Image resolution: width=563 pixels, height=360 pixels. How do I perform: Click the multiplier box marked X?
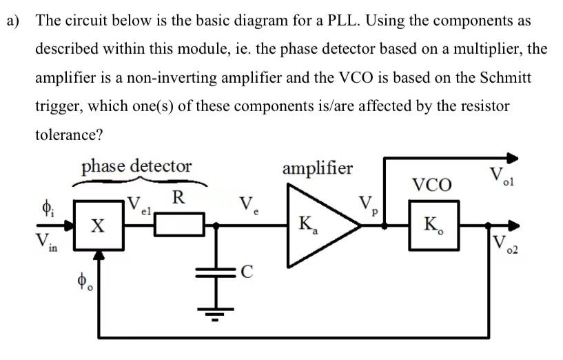99,225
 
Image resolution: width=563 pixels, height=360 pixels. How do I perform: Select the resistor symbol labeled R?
179,225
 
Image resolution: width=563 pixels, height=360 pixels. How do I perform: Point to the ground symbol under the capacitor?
218,318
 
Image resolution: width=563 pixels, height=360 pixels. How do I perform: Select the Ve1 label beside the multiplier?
139,206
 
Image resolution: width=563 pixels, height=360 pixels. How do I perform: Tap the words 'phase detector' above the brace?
136,166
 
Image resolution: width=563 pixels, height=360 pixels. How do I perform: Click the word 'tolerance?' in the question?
69,134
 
